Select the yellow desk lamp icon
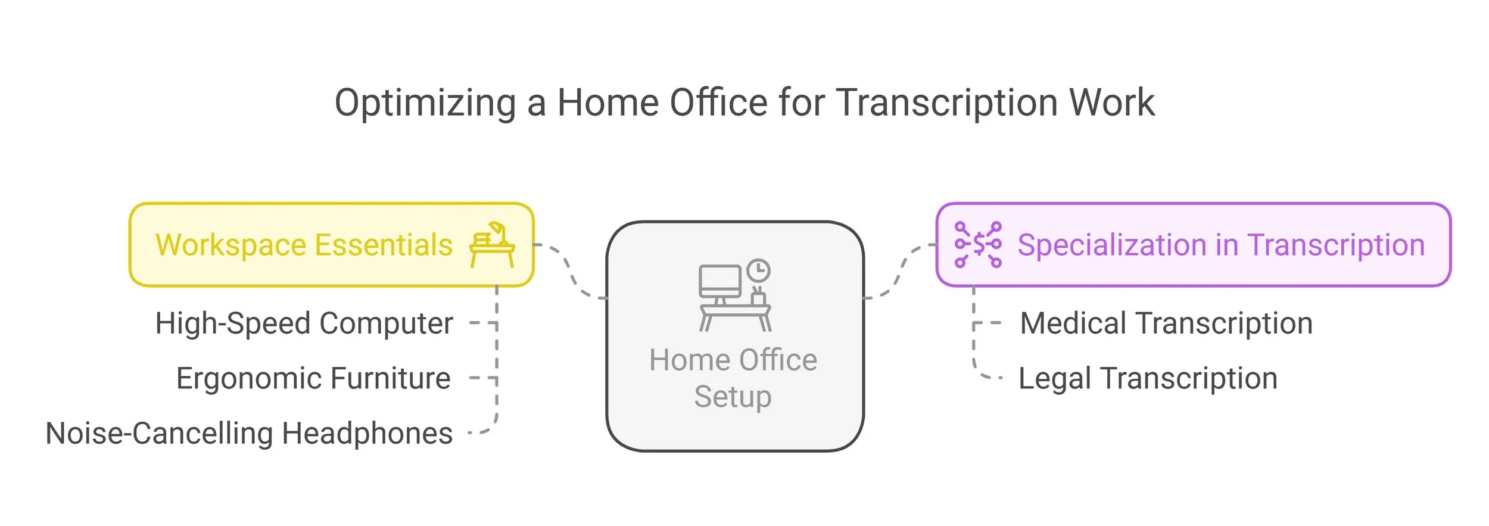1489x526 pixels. pyautogui.click(x=492, y=245)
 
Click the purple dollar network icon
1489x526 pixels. pyautogui.click(x=977, y=245)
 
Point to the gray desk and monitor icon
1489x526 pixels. pyautogui.click(x=734, y=296)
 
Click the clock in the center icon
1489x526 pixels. pyautogui.click(x=758, y=271)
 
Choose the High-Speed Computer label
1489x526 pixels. pyautogui.click(x=304, y=323)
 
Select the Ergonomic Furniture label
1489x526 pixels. pyautogui.click(x=313, y=378)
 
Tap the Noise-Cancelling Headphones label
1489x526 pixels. pyautogui.click(x=249, y=433)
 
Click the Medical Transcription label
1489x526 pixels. pyautogui.click(x=1166, y=323)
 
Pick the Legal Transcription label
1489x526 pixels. pyautogui.click(x=1148, y=378)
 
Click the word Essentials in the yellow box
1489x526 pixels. pyautogui.click(x=384, y=245)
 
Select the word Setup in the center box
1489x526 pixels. pyautogui.click(x=733, y=397)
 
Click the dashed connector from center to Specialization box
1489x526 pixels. pyautogui.click(x=900, y=271)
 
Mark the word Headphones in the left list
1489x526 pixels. pyautogui.click(x=367, y=433)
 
